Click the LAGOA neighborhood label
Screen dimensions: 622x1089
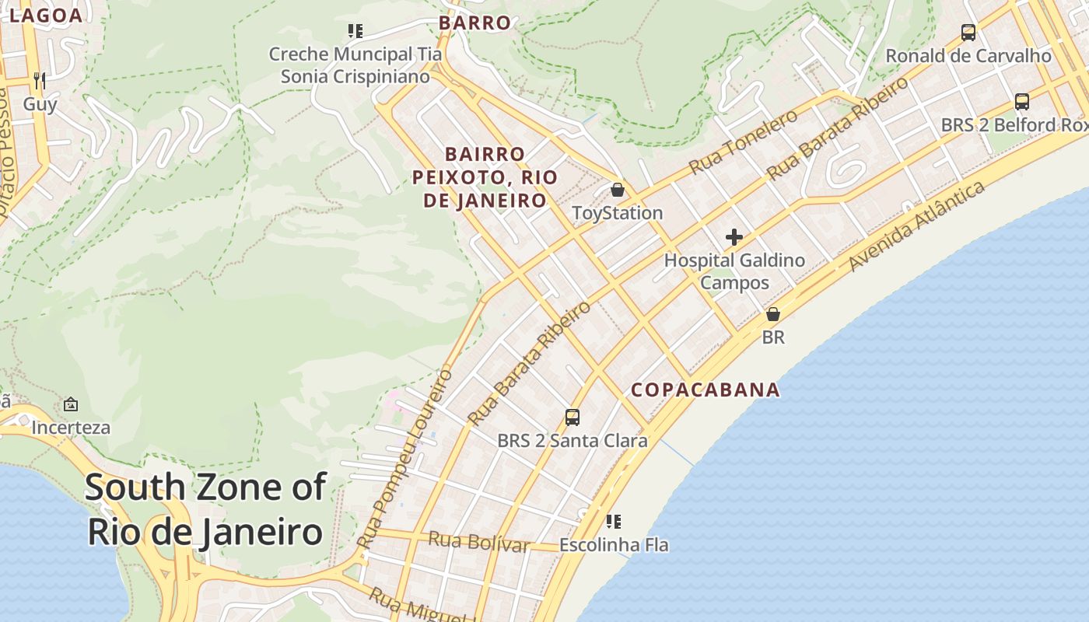[45, 15]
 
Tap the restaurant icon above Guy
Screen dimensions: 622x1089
[40, 80]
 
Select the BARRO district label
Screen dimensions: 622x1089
[474, 23]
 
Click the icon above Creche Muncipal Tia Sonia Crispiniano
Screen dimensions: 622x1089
[355, 31]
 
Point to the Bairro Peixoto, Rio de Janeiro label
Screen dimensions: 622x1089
[485, 177]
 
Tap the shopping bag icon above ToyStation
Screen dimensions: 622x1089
[618, 190]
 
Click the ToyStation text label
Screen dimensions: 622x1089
[618, 213]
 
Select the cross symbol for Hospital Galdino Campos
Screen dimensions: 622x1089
[734, 237]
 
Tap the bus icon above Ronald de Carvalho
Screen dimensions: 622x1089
[968, 33]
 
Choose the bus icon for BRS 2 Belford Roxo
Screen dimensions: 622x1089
[1022, 102]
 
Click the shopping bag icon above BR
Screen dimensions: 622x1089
[773, 314]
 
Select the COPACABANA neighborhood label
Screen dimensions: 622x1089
[705, 390]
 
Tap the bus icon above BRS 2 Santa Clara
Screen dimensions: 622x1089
[573, 418]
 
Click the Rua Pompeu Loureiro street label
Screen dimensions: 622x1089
[404, 459]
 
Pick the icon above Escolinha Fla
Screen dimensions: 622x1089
[614, 521]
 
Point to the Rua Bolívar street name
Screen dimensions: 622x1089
[478, 542]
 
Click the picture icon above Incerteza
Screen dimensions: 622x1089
[71, 404]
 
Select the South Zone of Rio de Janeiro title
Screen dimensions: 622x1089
[205, 510]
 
